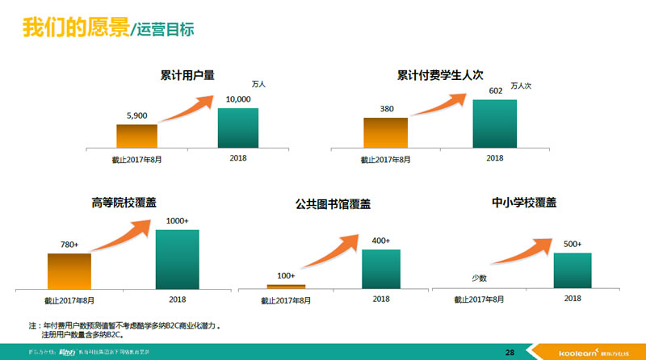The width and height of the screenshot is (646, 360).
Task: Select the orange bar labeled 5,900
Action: [x=136, y=136]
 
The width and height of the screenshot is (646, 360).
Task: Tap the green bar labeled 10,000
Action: [x=237, y=128]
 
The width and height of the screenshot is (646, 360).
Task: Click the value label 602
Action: [x=496, y=91]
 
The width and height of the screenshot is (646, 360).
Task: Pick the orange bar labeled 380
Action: [x=385, y=132]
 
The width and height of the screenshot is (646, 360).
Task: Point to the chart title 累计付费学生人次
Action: [x=439, y=75]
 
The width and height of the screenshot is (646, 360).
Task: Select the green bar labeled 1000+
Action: [x=177, y=258]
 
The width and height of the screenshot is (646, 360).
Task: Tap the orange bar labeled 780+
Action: [x=69, y=270]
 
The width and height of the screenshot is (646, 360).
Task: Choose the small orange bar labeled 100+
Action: [x=286, y=286]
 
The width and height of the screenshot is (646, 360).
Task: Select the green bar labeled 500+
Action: [x=573, y=270]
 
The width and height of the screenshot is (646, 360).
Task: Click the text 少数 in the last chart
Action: [x=479, y=278]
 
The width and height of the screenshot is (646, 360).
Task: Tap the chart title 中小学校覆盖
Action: [x=524, y=203]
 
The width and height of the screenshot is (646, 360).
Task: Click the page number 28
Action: [x=510, y=352]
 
